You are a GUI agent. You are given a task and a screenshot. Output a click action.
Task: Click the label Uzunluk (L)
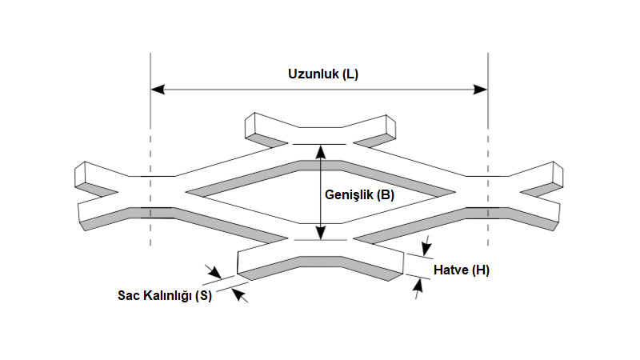pyautogui.click(x=323, y=74)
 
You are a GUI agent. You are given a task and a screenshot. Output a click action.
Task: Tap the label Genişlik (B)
pyautogui.click(x=359, y=194)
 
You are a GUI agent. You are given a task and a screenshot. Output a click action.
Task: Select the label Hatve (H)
pyautogui.click(x=462, y=270)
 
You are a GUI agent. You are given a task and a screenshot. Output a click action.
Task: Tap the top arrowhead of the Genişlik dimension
pyautogui.click(x=320, y=150)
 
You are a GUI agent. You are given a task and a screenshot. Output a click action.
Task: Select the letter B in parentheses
pyautogui.click(x=386, y=194)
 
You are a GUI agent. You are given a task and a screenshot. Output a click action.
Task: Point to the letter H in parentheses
pyautogui.click(x=481, y=270)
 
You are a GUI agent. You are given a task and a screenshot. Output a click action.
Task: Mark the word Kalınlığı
pyautogui.click(x=164, y=295)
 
